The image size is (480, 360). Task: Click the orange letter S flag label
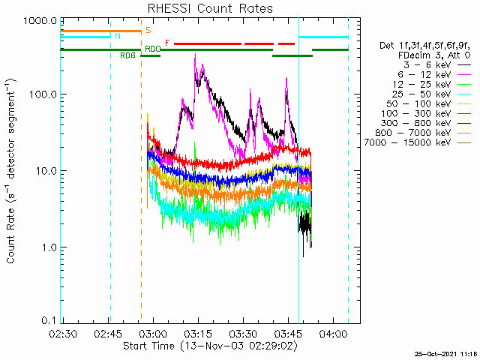[x=148, y=31]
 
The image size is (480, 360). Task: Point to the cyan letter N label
[x=117, y=36]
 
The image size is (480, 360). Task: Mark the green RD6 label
[x=127, y=55]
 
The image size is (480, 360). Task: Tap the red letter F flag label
[x=167, y=43]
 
